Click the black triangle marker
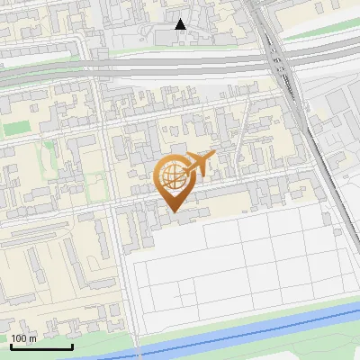point(181,24)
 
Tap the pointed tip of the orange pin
point(171,211)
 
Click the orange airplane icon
point(200,165)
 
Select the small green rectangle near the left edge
point(15,129)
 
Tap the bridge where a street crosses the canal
point(139,349)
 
